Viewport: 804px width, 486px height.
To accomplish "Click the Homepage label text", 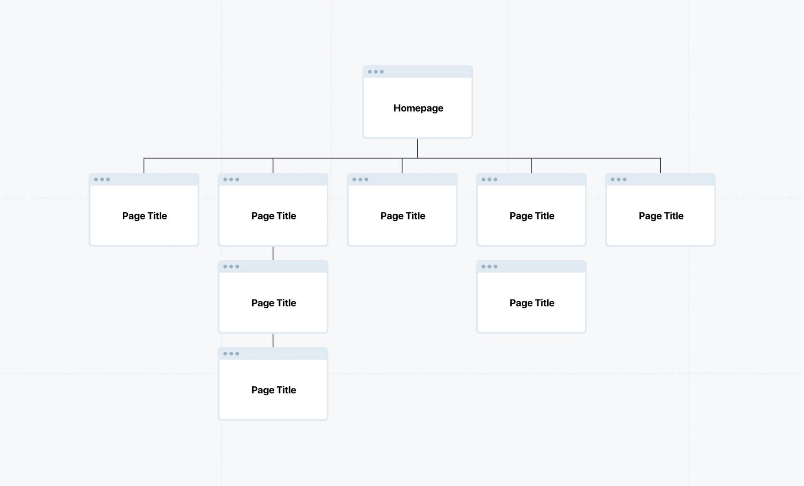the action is (x=418, y=108).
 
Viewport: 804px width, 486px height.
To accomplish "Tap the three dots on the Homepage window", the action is (x=376, y=72).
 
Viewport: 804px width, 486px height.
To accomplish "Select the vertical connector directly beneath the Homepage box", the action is (x=418, y=148).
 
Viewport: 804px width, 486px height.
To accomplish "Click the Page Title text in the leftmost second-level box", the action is (x=144, y=216).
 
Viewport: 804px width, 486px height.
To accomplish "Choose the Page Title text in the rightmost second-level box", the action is (x=661, y=216).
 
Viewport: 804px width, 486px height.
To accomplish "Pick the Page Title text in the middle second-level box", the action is (x=403, y=216).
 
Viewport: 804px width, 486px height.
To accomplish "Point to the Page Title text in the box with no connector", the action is (x=532, y=303).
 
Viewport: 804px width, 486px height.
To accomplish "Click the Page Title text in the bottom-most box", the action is (x=274, y=390).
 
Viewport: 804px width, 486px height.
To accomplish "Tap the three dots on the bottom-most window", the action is (x=231, y=354).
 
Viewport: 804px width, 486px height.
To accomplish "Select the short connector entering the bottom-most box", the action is (x=273, y=340).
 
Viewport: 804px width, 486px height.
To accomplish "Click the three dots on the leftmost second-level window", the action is (x=102, y=180).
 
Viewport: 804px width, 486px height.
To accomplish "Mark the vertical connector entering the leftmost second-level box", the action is (x=144, y=166).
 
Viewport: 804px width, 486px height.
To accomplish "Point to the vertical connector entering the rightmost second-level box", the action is (x=660, y=166).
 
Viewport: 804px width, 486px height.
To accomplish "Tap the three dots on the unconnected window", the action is (x=490, y=267).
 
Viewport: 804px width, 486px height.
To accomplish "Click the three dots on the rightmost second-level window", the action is (x=619, y=180).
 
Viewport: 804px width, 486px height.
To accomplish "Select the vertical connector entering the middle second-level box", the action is (x=402, y=166).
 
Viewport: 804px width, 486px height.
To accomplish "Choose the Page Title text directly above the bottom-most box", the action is (x=274, y=303).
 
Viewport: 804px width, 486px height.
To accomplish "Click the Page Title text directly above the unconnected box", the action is (x=532, y=216).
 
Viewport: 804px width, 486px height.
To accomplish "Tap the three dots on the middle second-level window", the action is (x=360, y=180).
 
